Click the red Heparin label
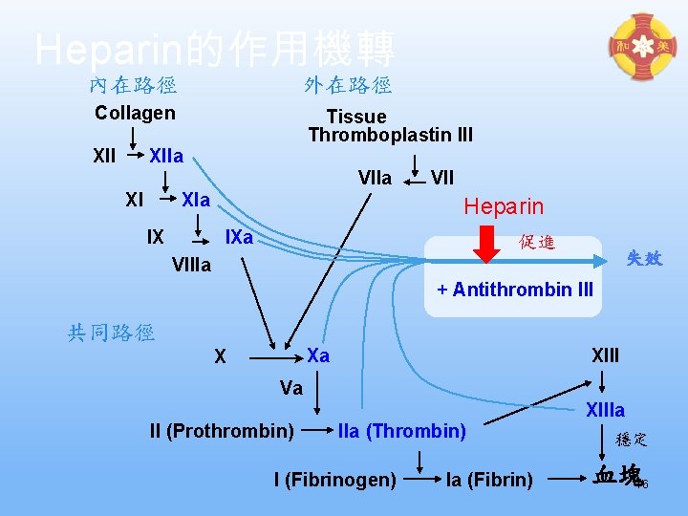[x=504, y=206]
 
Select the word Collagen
[x=135, y=113]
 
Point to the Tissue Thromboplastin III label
[x=390, y=125]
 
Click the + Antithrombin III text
[x=515, y=289]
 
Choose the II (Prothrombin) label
[x=222, y=431]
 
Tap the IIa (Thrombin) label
[x=401, y=431]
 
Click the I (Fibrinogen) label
[x=334, y=479]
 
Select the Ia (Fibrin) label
[x=489, y=479]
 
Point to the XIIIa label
[x=605, y=410]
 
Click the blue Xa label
[x=318, y=355]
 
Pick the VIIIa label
[x=191, y=265]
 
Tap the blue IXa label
[x=238, y=236]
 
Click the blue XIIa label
[x=166, y=156]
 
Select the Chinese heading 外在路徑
[x=348, y=85]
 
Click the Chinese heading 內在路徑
[x=133, y=85]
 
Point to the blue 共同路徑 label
[x=111, y=333]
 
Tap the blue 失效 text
[x=644, y=258]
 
